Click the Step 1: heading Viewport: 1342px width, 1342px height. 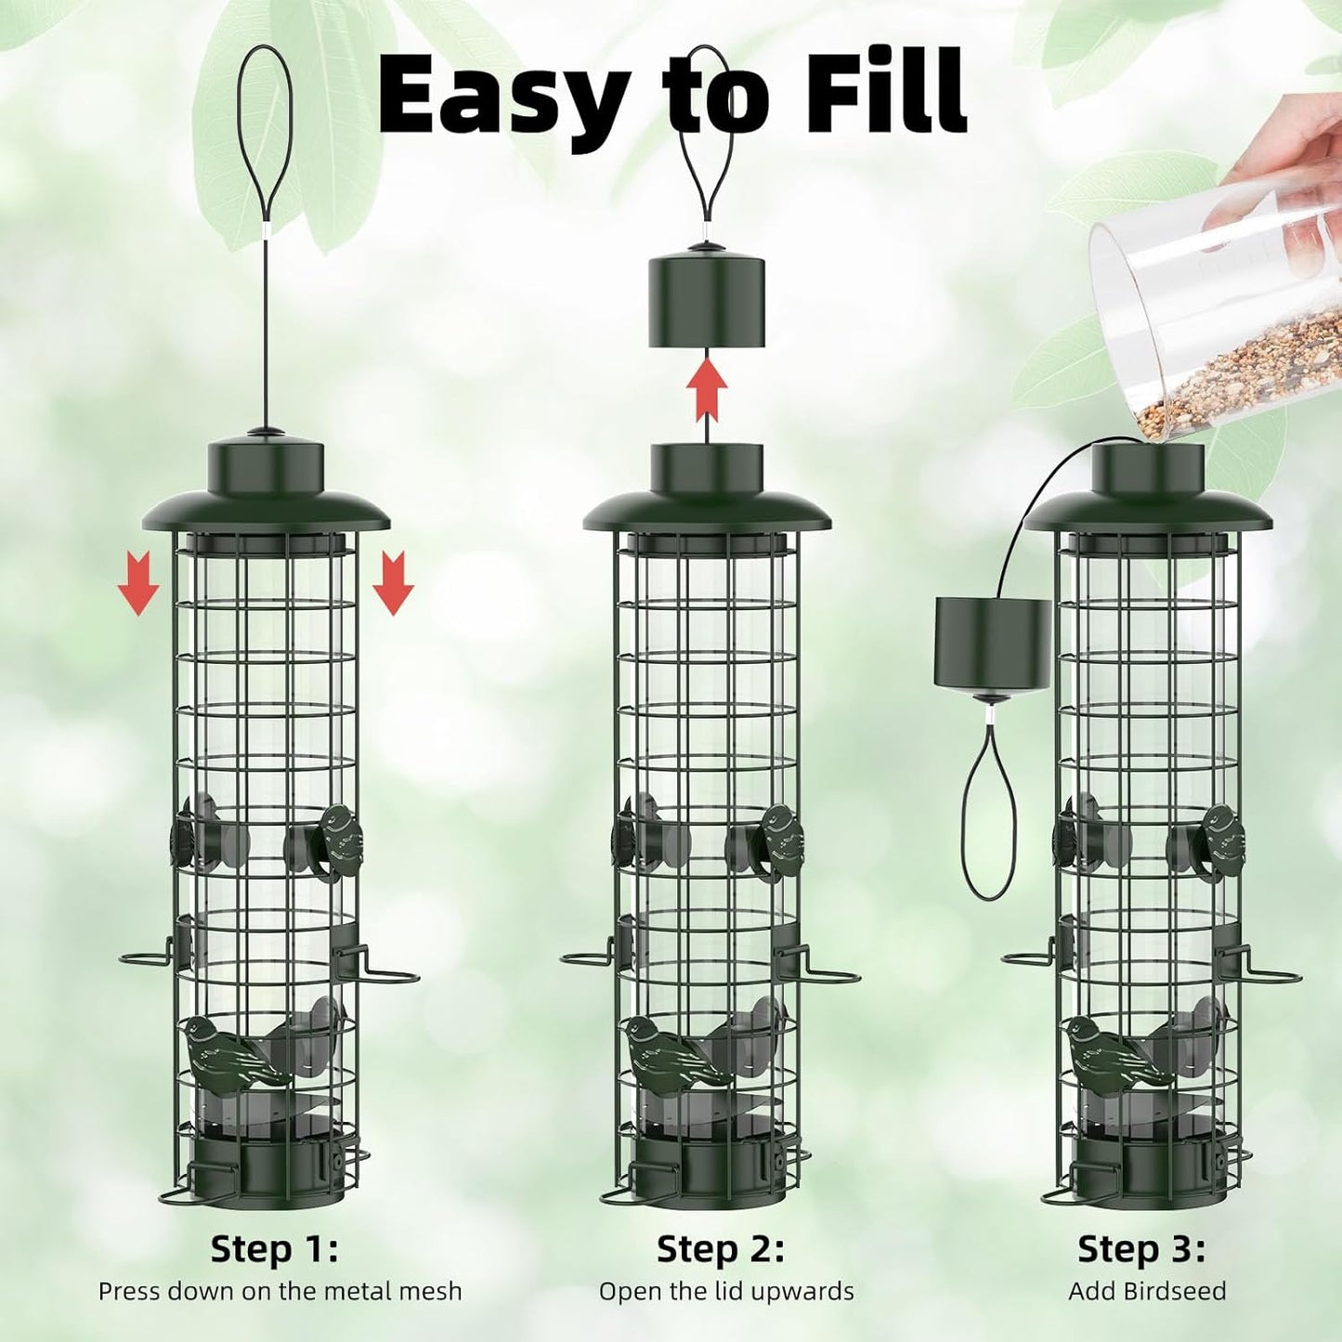point(274,1249)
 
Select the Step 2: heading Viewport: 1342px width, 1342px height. point(720,1249)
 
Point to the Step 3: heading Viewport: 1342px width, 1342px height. point(1141,1249)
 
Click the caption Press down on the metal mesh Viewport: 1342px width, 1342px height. point(280,1291)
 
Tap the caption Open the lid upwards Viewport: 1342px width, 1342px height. point(725,1291)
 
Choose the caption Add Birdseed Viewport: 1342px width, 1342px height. point(1147,1291)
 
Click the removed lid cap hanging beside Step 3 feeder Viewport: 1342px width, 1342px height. point(992,643)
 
